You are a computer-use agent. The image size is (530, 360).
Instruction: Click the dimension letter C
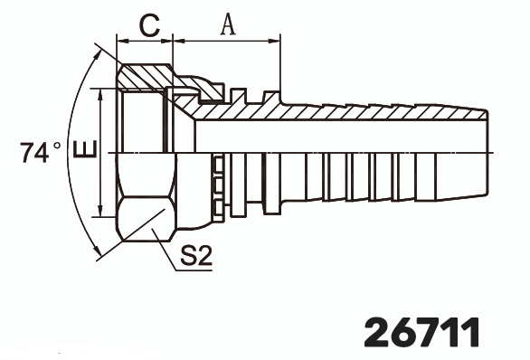[145, 24]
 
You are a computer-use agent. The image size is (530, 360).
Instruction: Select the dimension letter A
[227, 24]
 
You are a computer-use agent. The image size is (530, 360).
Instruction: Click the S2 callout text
[195, 257]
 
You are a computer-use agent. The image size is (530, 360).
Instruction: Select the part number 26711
[421, 331]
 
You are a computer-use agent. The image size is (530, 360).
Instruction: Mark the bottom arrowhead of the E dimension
[99, 213]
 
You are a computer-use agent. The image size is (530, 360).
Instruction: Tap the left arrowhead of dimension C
[121, 41]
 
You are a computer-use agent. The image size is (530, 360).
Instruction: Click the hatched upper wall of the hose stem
[344, 112]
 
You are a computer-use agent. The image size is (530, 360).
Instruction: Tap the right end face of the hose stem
[487, 153]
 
